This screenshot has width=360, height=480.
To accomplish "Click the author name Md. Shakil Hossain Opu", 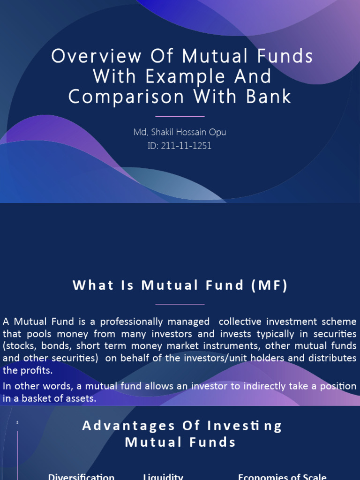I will tap(180, 132).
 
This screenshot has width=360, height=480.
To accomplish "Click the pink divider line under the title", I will tap(180, 116).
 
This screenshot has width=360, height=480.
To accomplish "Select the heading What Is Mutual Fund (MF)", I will tap(180, 285).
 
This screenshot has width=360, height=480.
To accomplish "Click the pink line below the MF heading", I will tap(180, 304).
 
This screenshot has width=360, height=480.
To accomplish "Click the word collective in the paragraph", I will tap(240, 322).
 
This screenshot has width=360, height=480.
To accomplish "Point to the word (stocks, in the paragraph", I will tap(19, 346).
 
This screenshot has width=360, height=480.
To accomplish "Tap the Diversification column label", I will tap(81, 477).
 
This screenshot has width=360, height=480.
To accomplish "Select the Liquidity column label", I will tap(163, 477).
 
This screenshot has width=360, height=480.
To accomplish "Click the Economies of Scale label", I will tap(282, 477).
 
